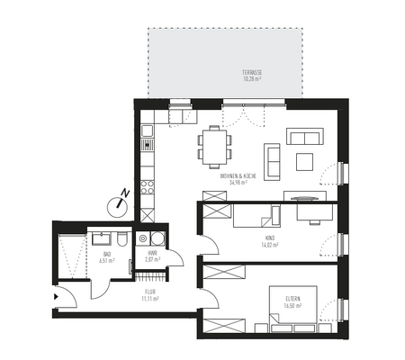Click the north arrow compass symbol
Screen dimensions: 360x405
(118, 203)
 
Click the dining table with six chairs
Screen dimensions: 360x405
(214, 146)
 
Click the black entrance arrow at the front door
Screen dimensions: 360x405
(57, 295)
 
